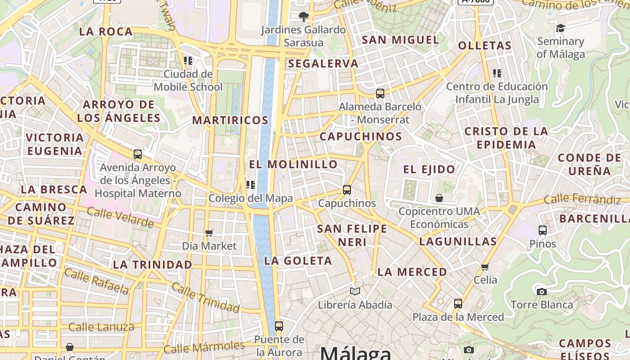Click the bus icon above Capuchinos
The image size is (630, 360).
tap(346, 190)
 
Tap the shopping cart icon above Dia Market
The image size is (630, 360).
tap(209, 233)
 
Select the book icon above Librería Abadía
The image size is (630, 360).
tap(355, 291)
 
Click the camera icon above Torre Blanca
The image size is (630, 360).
tap(542, 292)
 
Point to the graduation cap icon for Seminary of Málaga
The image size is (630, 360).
tap(560, 28)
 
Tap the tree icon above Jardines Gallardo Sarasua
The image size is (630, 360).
tap(304, 17)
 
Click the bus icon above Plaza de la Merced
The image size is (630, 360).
tap(458, 304)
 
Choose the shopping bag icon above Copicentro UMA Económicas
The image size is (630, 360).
tap(439, 198)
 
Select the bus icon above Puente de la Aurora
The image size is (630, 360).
tap(279, 326)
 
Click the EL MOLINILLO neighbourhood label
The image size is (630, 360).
tap(293, 164)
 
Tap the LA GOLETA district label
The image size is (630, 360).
tap(298, 261)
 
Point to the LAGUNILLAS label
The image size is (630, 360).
tap(458, 242)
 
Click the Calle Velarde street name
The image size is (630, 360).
tap(120, 217)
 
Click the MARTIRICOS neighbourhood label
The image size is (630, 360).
tap(230, 120)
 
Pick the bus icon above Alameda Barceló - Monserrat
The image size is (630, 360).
tap(380, 94)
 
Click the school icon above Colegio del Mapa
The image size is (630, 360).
tap(251, 184)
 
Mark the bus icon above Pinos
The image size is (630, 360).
tap(543, 230)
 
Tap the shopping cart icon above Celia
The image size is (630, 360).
tap(485, 267)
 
